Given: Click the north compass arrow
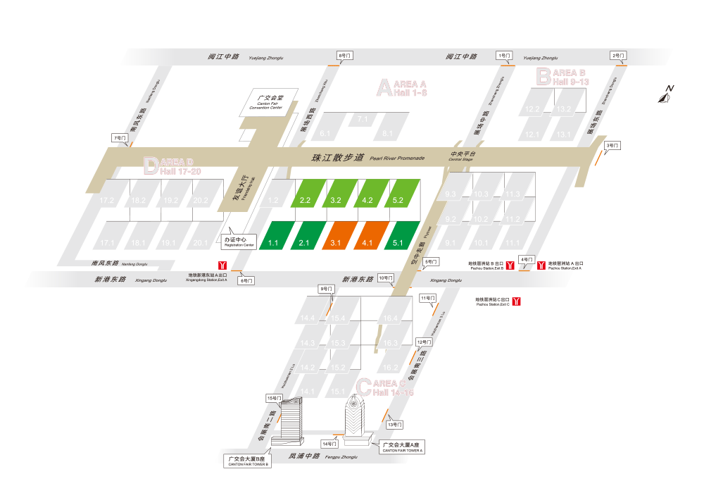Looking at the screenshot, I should click(665, 94).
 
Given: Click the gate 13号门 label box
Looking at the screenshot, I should click(394, 425).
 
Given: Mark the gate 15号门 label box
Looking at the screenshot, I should click(274, 398).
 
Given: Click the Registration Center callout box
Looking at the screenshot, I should click(239, 241).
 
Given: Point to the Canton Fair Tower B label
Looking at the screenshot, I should click(248, 461).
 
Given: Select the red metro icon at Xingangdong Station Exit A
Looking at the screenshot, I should click(222, 265).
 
